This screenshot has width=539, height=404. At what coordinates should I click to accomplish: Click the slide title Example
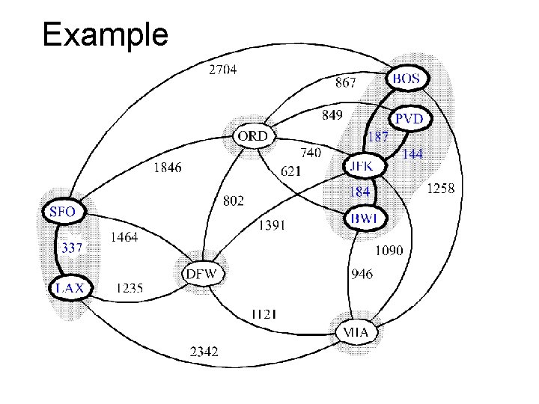[106, 34]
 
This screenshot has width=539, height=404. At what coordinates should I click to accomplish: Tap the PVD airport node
[409, 119]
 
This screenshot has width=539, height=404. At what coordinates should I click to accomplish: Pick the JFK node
[365, 165]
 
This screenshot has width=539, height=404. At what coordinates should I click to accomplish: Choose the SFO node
[61, 211]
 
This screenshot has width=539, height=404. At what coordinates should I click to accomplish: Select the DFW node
[201, 273]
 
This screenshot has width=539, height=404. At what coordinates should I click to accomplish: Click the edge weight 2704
[224, 71]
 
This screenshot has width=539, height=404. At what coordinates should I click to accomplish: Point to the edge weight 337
[72, 248]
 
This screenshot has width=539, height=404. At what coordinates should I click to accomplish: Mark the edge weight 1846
[167, 168]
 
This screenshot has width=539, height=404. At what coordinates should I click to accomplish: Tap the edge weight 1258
[440, 189]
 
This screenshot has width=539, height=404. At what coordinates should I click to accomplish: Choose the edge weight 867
[345, 82]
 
